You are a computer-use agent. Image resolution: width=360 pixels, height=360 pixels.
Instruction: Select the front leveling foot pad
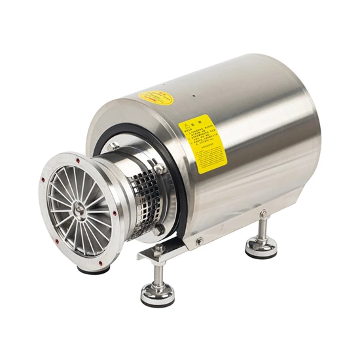click(158, 295)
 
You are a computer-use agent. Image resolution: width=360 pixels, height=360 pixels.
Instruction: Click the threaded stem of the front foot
click(157, 272)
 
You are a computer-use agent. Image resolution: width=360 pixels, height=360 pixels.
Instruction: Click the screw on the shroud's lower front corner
click(200, 242)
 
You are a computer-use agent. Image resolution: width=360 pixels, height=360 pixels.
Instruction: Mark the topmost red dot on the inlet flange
click(78, 158)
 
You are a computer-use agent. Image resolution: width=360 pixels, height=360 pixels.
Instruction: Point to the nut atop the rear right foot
click(262, 213)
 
